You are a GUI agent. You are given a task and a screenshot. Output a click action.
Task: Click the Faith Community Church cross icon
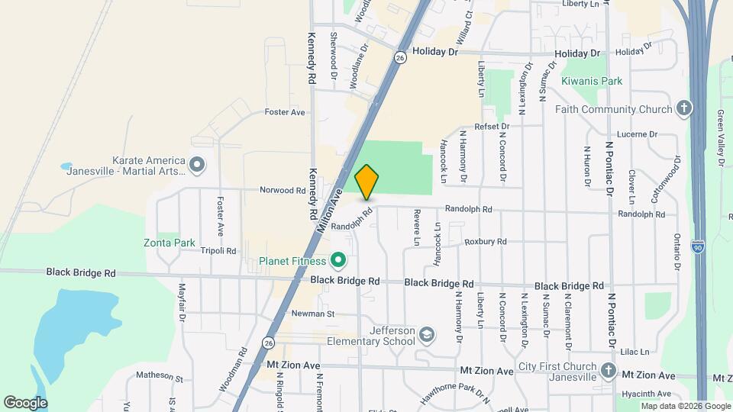tap(683, 108)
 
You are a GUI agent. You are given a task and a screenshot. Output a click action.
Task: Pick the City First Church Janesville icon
tap(608, 370)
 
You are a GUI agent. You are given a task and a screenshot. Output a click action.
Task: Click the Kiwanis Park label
tap(592, 81)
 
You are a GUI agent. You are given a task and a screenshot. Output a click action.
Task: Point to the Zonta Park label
tap(170, 243)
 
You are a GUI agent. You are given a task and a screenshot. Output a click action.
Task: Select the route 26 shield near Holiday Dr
tap(400, 57)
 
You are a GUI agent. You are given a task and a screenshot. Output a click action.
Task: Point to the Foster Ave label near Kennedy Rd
tap(284, 112)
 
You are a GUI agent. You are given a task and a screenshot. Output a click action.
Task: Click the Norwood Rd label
tap(282, 190)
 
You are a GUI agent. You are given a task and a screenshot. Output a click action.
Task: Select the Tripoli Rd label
tap(218, 250)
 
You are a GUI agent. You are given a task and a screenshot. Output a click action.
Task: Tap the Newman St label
tap(313, 314)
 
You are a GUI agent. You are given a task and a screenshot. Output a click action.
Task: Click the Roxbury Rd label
tap(486, 242)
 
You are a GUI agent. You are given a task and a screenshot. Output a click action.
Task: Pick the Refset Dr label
tap(491, 126)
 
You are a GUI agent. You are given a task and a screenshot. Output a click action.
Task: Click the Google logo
tap(25, 402)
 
